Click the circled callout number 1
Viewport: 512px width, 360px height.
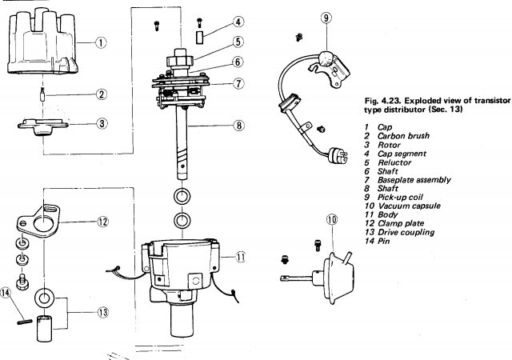coord(101,42)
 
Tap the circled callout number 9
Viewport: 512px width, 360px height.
coord(326,18)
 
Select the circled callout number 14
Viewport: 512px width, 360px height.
coord(6,292)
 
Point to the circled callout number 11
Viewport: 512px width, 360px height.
coord(241,257)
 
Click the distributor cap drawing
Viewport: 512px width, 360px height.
coord(42,42)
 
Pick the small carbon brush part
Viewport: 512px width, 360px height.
coord(42,94)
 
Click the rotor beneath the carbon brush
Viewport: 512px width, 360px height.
coord(42,126)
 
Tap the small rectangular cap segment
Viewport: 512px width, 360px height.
coord(199,37)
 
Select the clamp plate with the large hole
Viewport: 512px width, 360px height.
coord(38,222)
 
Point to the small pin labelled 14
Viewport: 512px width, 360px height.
coord(25,322)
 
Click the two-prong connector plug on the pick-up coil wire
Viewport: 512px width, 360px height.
coord(338,154)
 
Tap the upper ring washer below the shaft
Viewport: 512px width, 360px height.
coord(182,197)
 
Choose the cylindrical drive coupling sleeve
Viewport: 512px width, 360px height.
coord(44,328)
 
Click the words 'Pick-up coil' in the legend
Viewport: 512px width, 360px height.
coord(400,198)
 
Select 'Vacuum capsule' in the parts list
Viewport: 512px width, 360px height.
coord(409,206)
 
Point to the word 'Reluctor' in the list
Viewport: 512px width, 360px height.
coord(394,162)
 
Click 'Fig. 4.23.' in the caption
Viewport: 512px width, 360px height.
coord(382,101)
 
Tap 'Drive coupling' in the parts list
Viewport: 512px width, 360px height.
coord(406,232)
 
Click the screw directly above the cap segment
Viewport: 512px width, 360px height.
coord(199,22)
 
